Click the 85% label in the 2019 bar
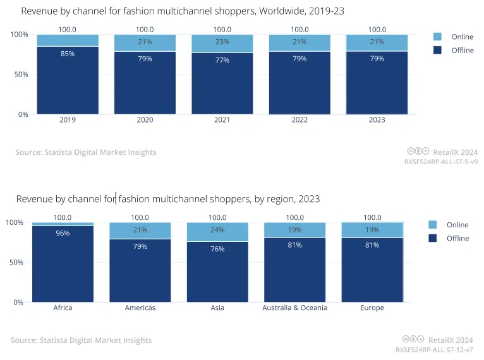tap(68, 54)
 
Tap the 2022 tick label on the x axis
tap(299, 120)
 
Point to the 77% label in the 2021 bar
tap(222, 60)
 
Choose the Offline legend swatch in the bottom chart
tap(433, 238)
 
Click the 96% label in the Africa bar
tap(63, 233)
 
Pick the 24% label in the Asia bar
tap(217, 230)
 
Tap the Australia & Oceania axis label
tap(294, 308)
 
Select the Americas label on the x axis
tap(140, 308)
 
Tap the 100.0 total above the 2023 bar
tap(377, 29)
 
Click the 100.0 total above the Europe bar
tap(372, 217)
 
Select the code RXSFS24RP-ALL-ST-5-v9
tap(440, 162)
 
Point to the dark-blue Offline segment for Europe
tap(372, 272)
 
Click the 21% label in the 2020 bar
tap(145, 42)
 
